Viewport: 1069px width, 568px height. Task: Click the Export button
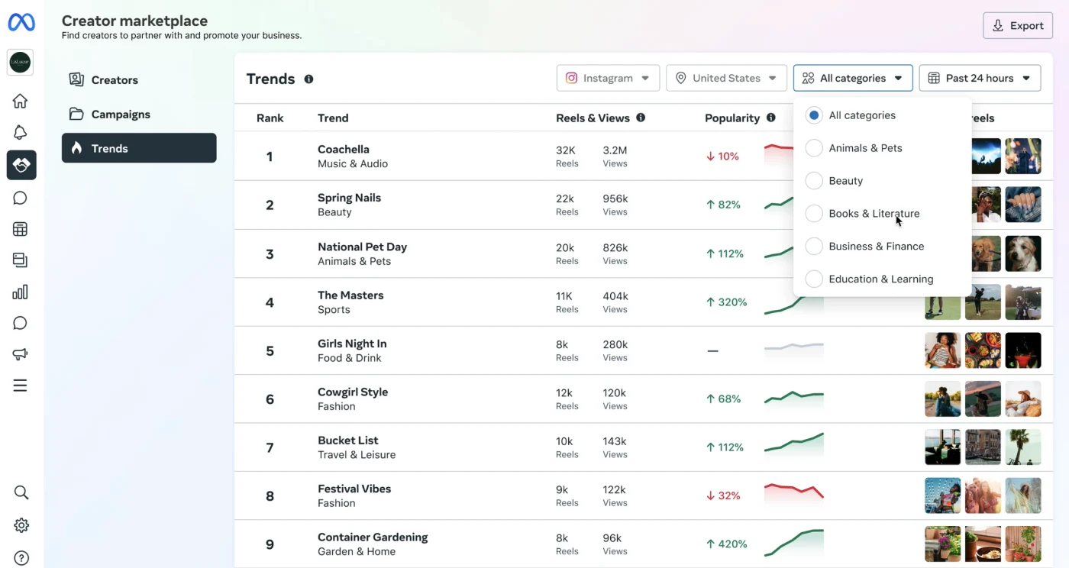coord(1017,26)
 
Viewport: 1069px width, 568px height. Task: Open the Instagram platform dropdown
coord(608,78)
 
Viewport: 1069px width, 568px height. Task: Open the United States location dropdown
coord(726,78)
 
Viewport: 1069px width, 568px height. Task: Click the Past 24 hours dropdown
coord(980,78)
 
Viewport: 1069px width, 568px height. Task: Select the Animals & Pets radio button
coord(814,148)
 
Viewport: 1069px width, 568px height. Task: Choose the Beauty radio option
coord(814,181)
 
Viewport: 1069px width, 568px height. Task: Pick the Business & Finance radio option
coord(814,247)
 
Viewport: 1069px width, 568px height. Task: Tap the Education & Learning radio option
coord(814,279)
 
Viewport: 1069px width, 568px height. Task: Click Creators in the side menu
coord(115,79)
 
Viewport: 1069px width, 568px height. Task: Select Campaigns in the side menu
coord(121,114)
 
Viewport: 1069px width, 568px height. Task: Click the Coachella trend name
coord(344,150)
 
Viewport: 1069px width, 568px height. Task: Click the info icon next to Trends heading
coord(308,79)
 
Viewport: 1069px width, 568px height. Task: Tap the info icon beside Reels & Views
coord(641,118)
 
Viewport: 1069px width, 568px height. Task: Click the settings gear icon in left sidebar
coord(21,525)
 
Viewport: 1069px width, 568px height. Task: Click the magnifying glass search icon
coord(21,492)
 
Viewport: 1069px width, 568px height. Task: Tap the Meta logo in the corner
coord(21,22)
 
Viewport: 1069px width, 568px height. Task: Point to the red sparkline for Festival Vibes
coord(793,491)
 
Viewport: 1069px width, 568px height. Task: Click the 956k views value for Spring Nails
coord(615,198)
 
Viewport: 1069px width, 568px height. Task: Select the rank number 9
coord(270,544)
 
